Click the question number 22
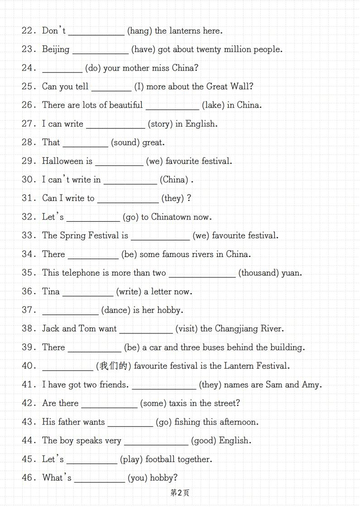click(x=28, y=31)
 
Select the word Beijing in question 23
click(x=56, y=49)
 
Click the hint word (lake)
click(x=213, y=105)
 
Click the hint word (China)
click(x=174, y=180)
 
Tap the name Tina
click(x=51, y=291)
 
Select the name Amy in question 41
click(x=312, y=385)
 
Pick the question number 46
click(x=28, y=478)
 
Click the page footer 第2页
click(x=180, y=493)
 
